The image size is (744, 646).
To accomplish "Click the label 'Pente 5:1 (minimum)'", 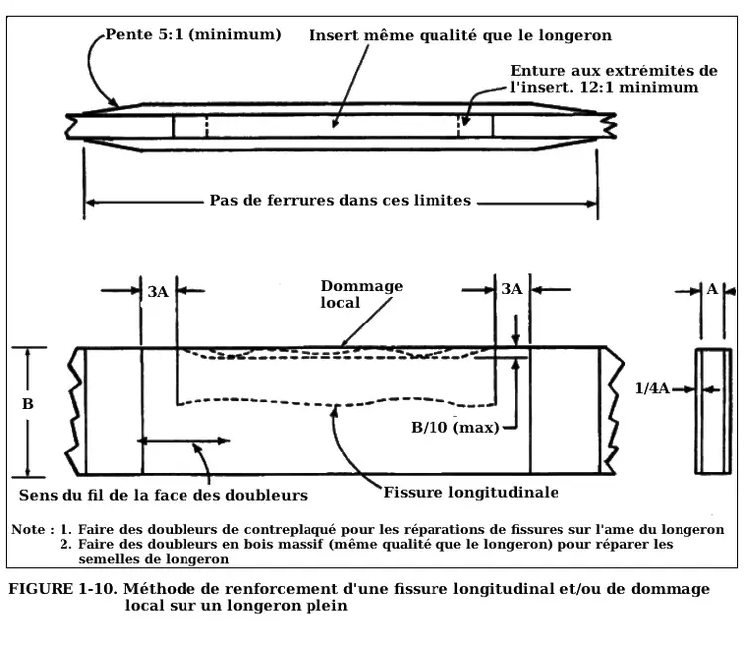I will (192, 34).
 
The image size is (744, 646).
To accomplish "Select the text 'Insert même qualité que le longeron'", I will (460, 35).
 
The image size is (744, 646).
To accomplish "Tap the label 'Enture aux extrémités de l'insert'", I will (613, 79).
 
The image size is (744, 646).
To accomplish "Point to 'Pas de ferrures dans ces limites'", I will (340, 201).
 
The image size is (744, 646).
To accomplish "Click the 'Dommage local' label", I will (361, 294).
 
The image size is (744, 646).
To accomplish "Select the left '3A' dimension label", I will (158, 291).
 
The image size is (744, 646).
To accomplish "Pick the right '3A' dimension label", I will (511, 289).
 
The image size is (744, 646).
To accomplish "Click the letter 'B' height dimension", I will (28, 405).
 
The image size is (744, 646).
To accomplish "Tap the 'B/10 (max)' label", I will (455, 428).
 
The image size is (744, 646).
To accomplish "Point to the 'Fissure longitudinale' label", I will (471, 492).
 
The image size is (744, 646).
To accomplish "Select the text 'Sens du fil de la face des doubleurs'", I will (163, 494).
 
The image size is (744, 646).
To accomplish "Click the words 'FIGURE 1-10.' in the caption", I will (62, 589).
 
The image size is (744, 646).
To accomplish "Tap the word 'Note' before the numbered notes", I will (27, 529).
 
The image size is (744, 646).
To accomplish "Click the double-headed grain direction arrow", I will (186, 439).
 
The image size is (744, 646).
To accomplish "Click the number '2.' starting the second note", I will (66, 544).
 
